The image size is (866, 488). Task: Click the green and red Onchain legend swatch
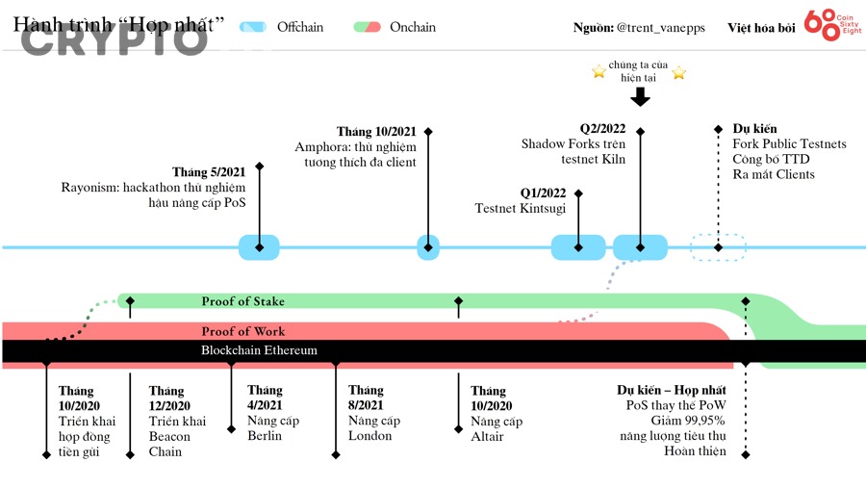tap(367, 27)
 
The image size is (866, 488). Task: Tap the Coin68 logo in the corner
tap(833, 26)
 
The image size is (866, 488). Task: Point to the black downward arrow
tap(640, 95)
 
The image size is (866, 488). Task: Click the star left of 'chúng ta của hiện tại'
tap(599, 71)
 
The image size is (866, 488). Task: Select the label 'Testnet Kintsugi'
tap(521, 208)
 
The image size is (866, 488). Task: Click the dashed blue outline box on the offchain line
tap(718, 247)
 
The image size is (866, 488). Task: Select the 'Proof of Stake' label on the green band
tap(242, 301)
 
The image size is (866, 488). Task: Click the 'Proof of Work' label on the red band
tap(242, 332)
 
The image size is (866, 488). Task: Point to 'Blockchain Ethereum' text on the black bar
tap(259, 350)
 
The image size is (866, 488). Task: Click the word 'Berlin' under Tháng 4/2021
tap(265, 436)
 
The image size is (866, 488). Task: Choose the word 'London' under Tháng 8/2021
tap(370, 436)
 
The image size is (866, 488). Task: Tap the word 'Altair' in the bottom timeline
tap(487, 437)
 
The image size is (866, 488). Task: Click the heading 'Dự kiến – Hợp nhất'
tap(672, 390)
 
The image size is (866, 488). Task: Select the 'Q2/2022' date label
tap(602, 128)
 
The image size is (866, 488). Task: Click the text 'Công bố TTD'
tap(772, 159)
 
